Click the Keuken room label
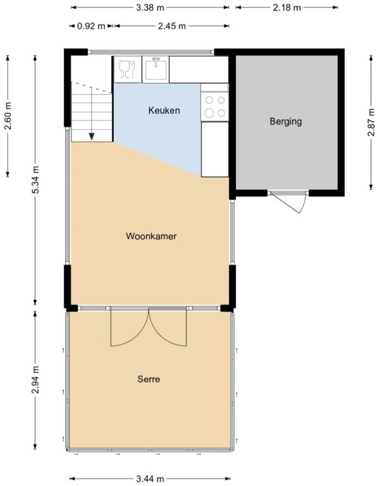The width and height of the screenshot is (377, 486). (x=164, y=110)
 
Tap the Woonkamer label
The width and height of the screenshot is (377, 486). (x=151, y=236)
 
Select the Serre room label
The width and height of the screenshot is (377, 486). (x=149, y=379)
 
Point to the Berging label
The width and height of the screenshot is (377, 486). (x=286, y=121)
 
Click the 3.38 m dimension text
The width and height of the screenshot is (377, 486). (x=150, y=8)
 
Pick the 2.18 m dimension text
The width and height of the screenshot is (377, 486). (x=287, y=8)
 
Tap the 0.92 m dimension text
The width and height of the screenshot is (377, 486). (x=91, y=26)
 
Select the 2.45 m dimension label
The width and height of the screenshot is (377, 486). (x=172, y=26)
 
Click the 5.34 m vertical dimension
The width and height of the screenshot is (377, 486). (x=35, y=180)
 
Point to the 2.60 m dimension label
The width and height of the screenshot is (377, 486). (x=8, y=116)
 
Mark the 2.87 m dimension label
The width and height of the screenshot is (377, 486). (x=371, y=122)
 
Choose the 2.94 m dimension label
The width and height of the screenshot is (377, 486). (x=35, y=380)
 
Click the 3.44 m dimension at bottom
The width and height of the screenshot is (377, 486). (x=150, y=479)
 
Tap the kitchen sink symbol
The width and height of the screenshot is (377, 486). (x=156, y=69)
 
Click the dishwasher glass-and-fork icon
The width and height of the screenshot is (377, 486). (x=128, y=69)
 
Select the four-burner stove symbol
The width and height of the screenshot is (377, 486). (x=214, y=106)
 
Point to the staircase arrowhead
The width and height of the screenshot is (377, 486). (x=91, y=137)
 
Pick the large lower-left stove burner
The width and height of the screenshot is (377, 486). (x=209, y=113)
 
